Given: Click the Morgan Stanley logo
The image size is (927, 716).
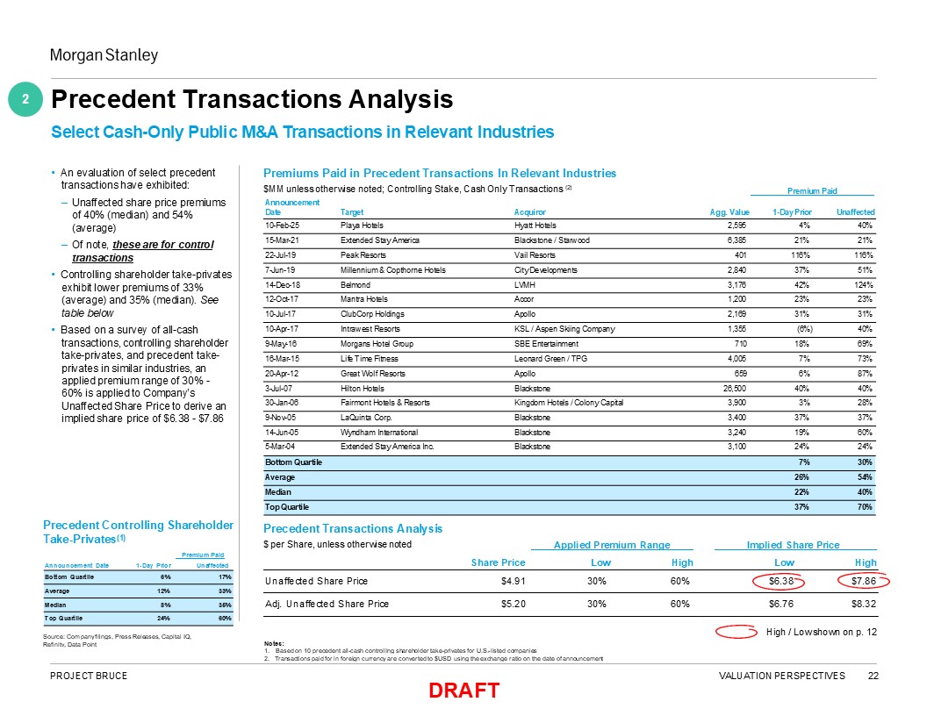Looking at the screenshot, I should pyautogui.click(x=103, y=56).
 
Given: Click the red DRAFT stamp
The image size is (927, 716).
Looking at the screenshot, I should pyautogui.click(x=463, y=691).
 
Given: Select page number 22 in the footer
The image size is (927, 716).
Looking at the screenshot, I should pyautogui.click(x=873, y=676).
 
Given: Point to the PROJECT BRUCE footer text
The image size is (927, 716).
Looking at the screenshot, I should pyautogui.click(x=89, y=676).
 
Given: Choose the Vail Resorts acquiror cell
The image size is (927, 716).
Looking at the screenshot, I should pyautogui.click(x=535, y=255).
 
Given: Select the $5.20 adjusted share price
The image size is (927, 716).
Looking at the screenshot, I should pyautogui.click(x=509, y=604).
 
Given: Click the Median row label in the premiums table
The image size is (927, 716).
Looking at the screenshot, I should pyautogui.click(x=279, y=491).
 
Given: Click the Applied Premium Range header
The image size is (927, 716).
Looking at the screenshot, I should pyautogui.click(x=611, y=545).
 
